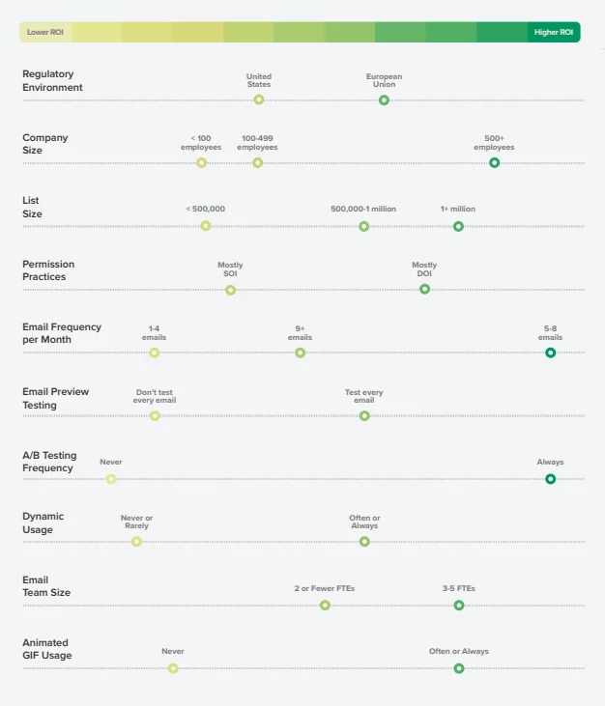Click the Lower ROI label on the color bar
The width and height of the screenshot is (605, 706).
[x=43, y=32]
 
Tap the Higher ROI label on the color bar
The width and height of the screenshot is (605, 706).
[x=554, y=32]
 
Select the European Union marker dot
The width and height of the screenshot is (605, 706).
[x=384, y=99]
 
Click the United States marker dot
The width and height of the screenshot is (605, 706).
[x=259, y=99]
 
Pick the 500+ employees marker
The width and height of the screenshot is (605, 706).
[x=494, y=162]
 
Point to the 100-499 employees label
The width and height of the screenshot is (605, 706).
[x=257, y=143]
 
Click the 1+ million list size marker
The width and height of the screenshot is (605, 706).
[x=458, y=226]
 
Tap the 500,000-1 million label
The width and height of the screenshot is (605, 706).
[x=363, y=209]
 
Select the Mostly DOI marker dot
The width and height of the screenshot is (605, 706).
[x=424, y=289]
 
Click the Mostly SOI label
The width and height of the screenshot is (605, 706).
[x=230, y=269]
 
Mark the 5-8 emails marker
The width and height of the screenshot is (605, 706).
[x=550, y=353]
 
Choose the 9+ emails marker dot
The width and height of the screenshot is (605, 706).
[x=300, y=353]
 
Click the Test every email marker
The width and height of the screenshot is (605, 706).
[x=364, y=415]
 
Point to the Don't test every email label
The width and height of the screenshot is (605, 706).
[x=155, y=396]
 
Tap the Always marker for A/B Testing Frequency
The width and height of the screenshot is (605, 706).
[x=550, y=478]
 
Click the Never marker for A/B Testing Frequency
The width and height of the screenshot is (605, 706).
[x=111, y=478]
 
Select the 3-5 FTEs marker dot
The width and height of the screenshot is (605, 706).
[x=459, y=605]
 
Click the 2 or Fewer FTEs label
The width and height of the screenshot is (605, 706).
[x=325, y=588]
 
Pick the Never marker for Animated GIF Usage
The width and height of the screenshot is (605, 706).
[x=173, y=667]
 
